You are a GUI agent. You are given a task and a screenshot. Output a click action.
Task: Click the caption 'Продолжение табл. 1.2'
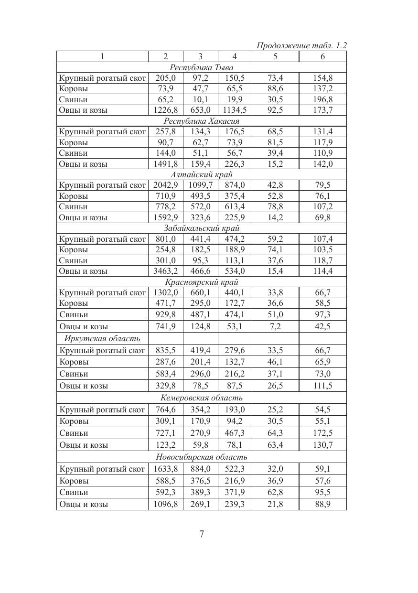301,46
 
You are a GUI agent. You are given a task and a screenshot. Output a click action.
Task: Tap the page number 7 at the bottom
202,534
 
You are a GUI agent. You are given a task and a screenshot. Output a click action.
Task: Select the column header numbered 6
322,56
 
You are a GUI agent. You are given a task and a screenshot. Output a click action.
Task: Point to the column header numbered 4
235,56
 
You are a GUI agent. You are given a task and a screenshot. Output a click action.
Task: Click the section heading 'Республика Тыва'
202,67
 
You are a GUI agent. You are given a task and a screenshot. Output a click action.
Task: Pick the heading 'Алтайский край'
201,174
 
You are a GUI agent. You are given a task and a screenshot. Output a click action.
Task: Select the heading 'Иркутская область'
102,338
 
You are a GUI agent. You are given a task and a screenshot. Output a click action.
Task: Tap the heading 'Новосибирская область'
202,457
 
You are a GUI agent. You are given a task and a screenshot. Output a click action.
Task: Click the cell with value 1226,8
165,110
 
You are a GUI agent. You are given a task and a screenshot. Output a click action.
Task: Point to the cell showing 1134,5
235,110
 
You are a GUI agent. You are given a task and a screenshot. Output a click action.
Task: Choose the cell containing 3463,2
165,271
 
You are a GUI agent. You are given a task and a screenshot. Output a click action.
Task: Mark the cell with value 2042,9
165,185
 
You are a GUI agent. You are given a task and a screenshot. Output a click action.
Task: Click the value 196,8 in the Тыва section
323,99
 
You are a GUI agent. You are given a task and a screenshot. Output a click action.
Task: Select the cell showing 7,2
275,326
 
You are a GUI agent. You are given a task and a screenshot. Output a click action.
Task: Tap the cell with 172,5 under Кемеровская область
323,433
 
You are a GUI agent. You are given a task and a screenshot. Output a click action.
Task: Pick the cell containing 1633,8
165,469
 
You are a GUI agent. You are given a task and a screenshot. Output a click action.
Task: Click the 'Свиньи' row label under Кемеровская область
74,433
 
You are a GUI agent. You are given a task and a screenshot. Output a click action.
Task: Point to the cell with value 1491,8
165,164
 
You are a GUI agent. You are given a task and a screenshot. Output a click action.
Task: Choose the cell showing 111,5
323,386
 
